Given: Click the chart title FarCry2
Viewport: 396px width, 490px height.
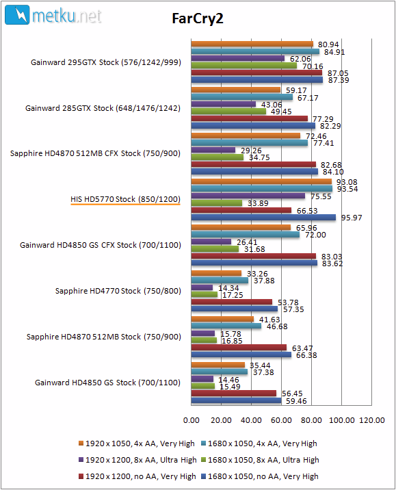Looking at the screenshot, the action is point(198,18).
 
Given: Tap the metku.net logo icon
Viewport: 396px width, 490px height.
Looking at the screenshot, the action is point(17,14).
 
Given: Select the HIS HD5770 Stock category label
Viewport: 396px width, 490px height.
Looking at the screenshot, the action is point(125,199).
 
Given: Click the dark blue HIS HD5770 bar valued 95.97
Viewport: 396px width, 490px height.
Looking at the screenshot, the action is point(263,218).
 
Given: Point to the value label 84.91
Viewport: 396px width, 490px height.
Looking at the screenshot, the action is point(334,52).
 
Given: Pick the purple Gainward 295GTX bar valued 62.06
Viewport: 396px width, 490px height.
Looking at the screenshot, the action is point(238,58).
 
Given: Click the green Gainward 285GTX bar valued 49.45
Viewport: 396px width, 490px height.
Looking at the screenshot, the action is point(228,112).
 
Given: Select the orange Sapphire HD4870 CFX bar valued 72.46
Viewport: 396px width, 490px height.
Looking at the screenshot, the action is point(246,136).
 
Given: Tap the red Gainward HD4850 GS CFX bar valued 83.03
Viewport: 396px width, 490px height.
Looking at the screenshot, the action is point(254,256).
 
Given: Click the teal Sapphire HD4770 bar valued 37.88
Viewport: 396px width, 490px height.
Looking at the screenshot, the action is point(220,281).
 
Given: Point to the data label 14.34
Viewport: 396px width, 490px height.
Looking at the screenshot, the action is point(228,288).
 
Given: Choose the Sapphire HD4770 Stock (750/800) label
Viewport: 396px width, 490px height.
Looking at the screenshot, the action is point(118,291).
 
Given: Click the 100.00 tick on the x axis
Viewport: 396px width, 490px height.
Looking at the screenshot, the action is point(342,420).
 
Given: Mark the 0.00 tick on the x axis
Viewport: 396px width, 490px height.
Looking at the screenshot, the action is point(191,420).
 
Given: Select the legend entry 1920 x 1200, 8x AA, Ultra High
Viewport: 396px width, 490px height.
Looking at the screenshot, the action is point(137,460).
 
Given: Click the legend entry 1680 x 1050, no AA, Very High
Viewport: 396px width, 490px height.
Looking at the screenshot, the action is point(260,476).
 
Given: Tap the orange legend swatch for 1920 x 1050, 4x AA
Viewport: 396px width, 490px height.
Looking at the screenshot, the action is point(81,443).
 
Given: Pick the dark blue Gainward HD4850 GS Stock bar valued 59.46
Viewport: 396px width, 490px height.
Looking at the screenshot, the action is point(237,400).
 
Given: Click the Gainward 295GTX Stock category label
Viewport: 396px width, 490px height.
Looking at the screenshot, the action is point(106,62).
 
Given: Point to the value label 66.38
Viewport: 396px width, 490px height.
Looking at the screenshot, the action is point(306,355).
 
